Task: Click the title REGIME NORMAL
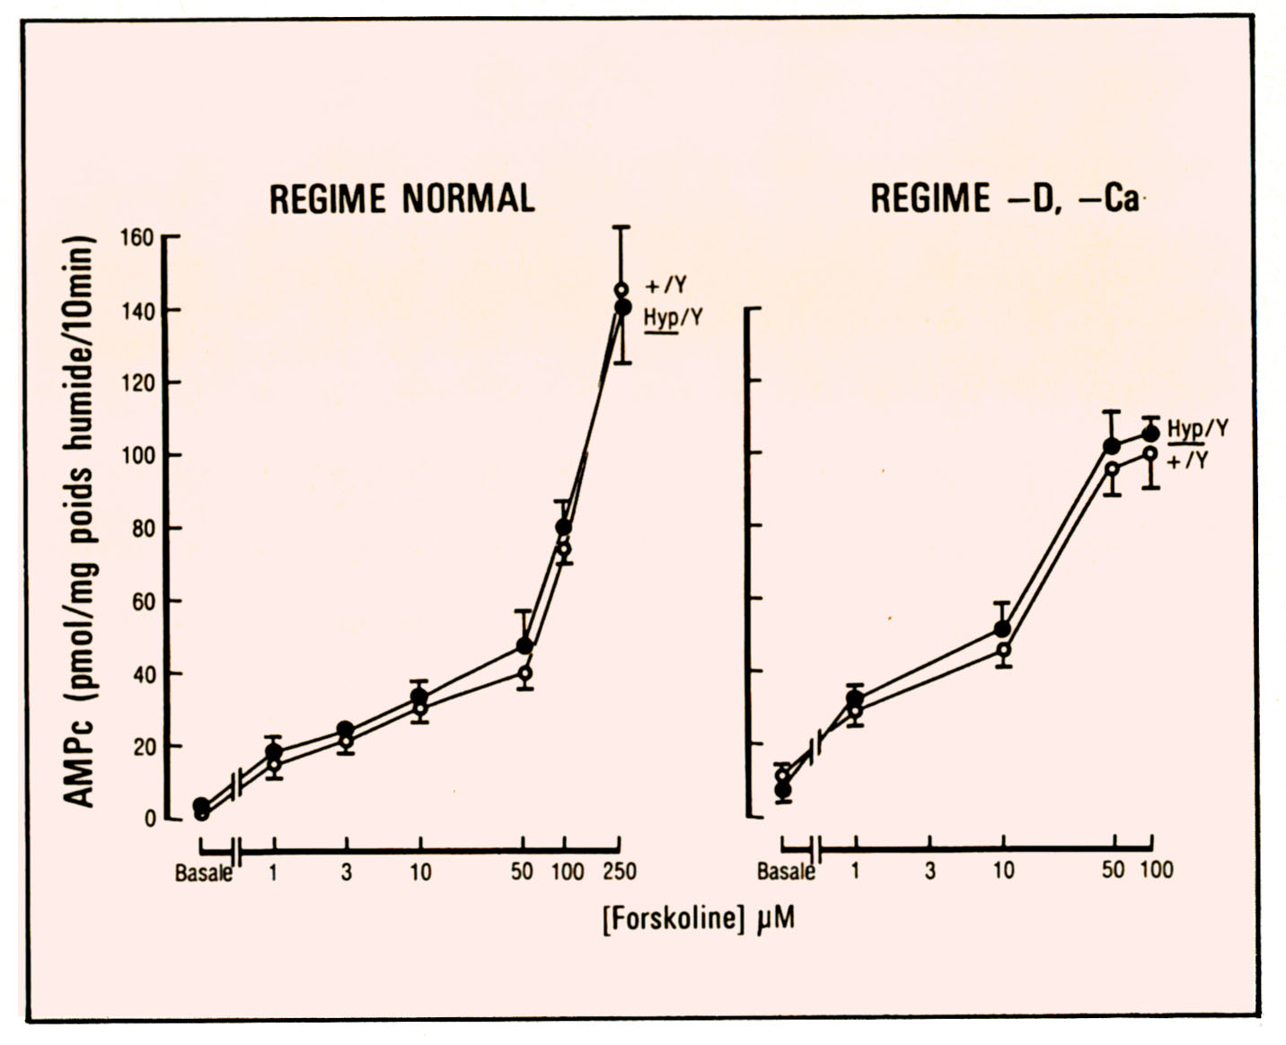[401, 198]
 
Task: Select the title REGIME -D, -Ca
[1004, 198]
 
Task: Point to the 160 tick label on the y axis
[138, 238]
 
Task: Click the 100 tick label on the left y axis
[138, 455]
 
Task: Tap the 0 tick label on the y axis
[149, 819]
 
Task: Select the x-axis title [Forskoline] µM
[699, 919]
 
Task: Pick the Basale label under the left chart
[203, 873]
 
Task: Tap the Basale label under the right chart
[786, 871]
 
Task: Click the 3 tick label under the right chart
[929, 870]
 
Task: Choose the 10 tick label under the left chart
[420, 872]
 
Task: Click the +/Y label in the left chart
[666, 286]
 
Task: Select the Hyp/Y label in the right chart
[1198, 428]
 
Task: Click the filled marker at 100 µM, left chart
[563, 527]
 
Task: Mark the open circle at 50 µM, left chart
[524, 673]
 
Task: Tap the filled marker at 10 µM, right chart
[1002, 628]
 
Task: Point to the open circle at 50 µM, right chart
[1112, 468]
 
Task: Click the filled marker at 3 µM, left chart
[346, 730]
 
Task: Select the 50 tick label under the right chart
[1113, 870]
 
